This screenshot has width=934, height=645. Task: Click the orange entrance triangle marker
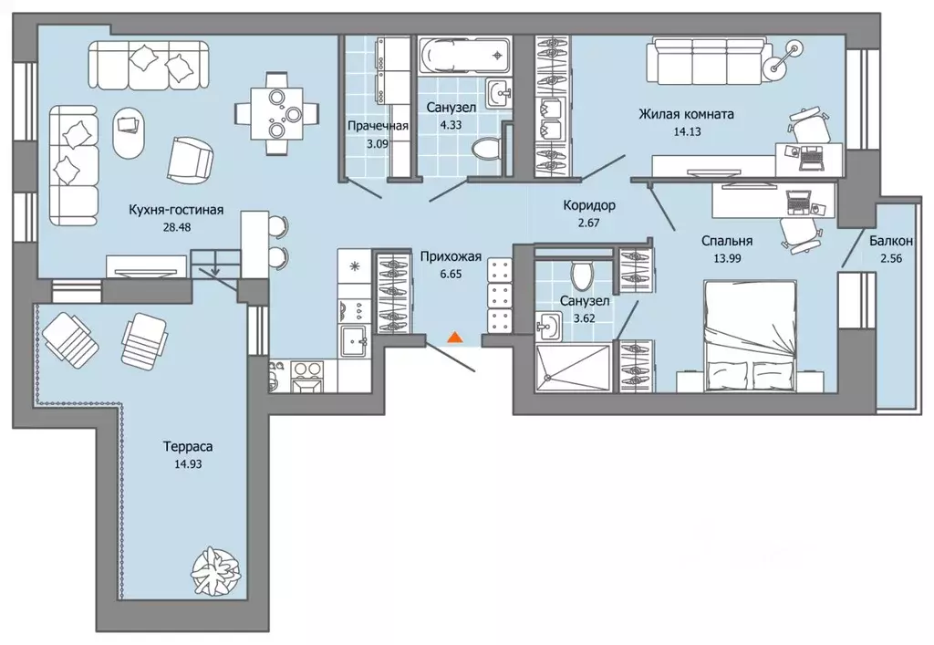tap(454, 338)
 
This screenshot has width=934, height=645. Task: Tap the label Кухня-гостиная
tap(176, 210)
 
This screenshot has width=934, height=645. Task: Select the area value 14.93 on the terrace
tap(188, 463)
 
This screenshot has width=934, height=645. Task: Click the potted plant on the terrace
tap(216, 568)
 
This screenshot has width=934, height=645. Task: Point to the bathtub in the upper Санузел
tap(463, 56)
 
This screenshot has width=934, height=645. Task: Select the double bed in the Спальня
tap(751, 336)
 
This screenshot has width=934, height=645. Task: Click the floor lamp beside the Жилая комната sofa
tap(782, 58)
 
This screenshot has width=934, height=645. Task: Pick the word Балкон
tap(890, 241)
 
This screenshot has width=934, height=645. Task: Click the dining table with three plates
tap(277, 112)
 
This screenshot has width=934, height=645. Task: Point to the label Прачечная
tap(379, 125)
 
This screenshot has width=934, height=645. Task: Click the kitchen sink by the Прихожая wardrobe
tap(356, 341)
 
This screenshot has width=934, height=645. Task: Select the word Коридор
tap(589, 205)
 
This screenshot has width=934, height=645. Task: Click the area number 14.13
tap(687, 131)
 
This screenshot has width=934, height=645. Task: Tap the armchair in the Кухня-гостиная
tap(190, 161)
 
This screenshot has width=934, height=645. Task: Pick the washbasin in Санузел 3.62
tap(548, 327)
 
